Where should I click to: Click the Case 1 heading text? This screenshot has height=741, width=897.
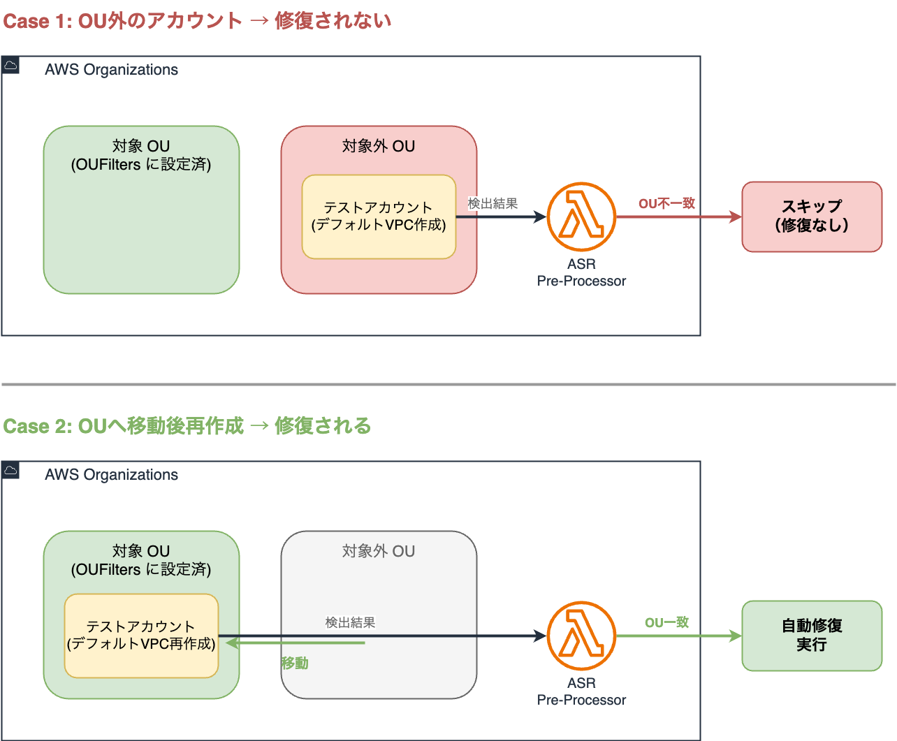197,21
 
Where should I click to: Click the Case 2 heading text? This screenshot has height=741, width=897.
187,426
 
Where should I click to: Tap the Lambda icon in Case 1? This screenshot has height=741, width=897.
581,217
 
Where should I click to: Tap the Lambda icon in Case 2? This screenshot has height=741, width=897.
581,636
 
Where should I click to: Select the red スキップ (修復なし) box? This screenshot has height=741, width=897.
812,217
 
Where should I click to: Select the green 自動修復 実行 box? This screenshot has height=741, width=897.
812,636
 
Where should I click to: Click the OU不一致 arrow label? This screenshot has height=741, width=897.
666,203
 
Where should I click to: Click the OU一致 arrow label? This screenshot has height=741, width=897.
666,622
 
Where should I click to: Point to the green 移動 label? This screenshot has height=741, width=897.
295,663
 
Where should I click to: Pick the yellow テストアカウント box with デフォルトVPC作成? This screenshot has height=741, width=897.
379,217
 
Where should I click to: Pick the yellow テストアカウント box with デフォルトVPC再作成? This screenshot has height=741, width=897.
141,636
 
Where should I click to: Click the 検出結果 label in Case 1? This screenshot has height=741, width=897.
493,203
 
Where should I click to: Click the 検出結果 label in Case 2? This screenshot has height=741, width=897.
350,622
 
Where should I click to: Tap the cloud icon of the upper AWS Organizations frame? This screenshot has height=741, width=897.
10,66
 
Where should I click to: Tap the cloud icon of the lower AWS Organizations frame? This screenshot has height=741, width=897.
10,470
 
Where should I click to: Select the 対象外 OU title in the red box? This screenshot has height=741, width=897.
379,146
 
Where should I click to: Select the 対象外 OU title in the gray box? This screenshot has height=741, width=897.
379,551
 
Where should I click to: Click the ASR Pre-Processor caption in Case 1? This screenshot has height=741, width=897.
581,272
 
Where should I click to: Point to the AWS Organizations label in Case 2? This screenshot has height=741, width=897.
111,475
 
